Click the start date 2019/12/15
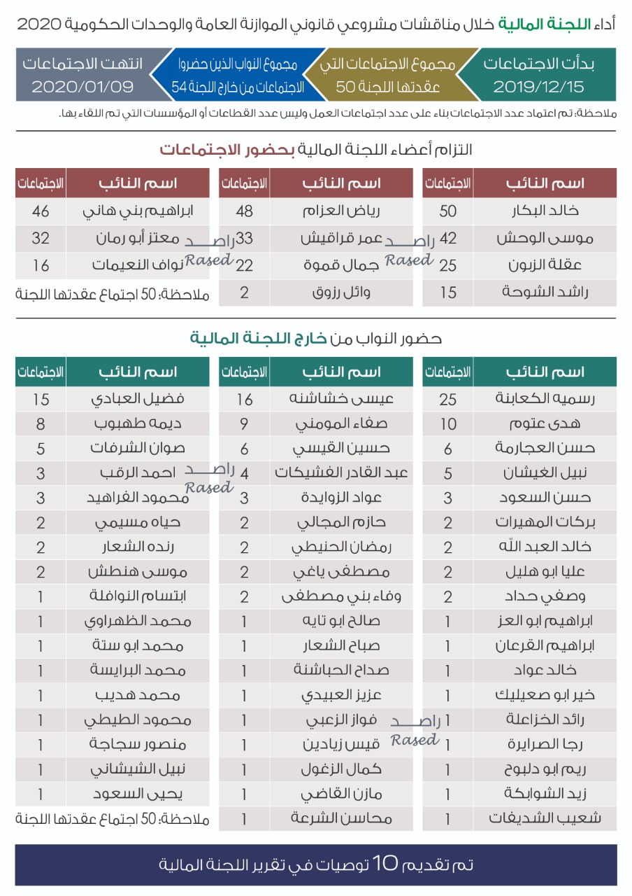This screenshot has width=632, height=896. click(x=538, y=87)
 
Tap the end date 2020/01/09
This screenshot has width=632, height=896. click(x=82, y=87)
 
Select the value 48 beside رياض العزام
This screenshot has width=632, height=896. click(x=244, y=211)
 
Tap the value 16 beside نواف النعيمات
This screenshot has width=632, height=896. click(x=41, y=265)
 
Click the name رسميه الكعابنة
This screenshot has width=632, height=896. click(x=545, y=398)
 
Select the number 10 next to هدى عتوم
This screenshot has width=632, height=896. click(x=448, y=423)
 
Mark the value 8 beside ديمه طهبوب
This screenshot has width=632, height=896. click(x=41, y=423)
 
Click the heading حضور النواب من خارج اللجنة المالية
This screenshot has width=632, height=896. click(x=316, y=339)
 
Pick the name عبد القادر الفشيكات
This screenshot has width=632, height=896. click(x=342, y=472)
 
